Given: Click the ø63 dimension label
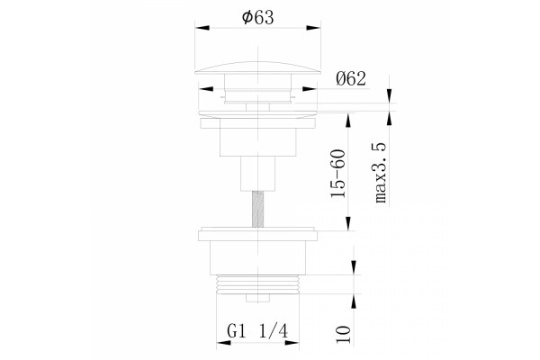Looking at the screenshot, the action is (x=258, y=17).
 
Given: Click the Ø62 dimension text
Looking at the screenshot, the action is (x=351, y=79).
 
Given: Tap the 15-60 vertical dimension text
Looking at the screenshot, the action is (x=337, y=174).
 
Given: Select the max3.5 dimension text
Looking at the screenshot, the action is (x=380, y=173).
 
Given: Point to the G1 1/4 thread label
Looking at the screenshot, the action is (x=257, y=332).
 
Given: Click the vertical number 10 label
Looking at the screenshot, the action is (x=344, y=334).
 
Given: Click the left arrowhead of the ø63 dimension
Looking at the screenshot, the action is (x=202, y=28).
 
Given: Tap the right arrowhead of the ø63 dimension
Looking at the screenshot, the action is (x=313, y=28).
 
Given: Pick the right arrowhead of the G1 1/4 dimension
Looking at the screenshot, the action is (x=292, y=343).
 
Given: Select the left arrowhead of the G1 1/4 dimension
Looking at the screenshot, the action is (x=223, y=343).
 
